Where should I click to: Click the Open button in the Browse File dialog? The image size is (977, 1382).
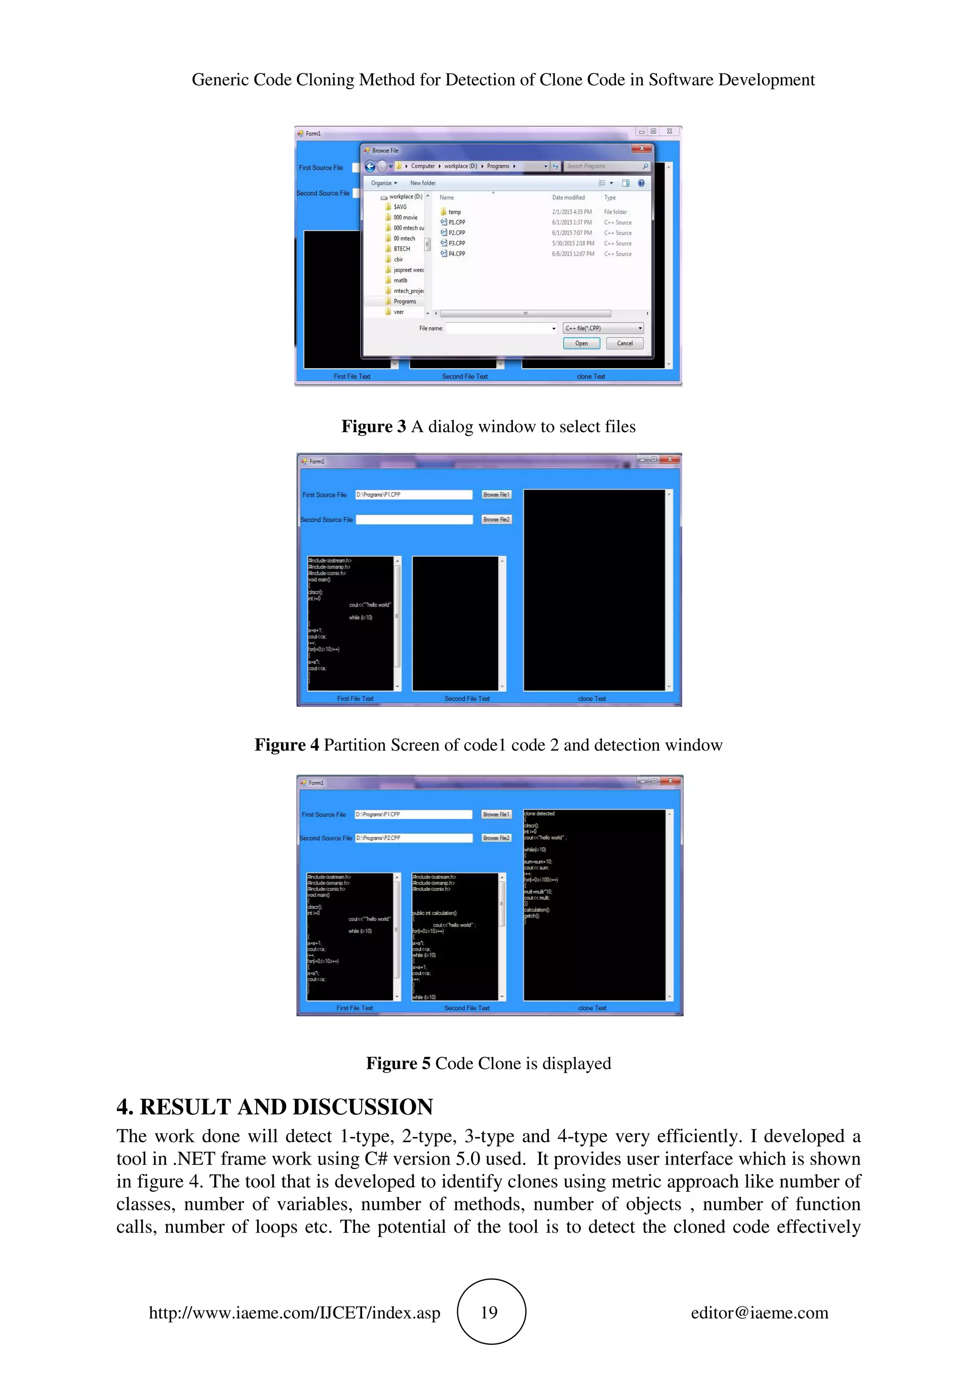(581, 343)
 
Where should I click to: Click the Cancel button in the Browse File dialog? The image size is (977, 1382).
(624, 343)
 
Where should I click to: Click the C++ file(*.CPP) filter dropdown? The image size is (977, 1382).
(603, 328)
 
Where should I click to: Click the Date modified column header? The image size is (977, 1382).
(568, 197)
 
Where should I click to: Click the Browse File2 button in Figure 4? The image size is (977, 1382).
(496, 519)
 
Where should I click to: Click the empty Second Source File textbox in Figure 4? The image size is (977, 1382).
(414, 519)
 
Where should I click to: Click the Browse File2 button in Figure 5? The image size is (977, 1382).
(496, 837)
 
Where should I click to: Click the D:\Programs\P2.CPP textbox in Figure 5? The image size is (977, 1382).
(413, 838)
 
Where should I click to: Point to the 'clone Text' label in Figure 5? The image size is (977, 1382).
(592, 1008)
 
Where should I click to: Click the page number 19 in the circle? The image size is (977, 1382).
(489, 1312)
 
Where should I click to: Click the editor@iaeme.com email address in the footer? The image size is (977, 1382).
(759, 1313)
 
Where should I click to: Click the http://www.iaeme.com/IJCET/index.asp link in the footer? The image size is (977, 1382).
(294, 1313)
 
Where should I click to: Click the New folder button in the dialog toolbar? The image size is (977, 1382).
(423, 183)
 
